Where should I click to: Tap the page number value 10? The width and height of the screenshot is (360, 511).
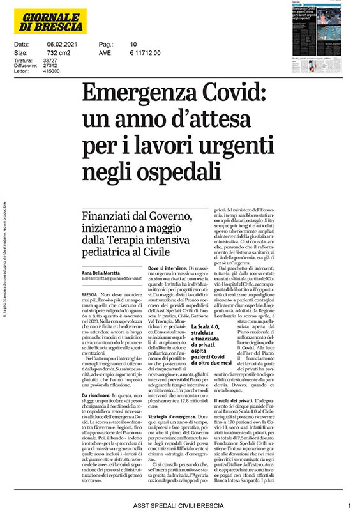(133, 44)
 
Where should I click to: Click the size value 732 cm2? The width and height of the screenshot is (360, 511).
(56, 53)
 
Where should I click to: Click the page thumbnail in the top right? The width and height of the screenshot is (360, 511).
(319, 36)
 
